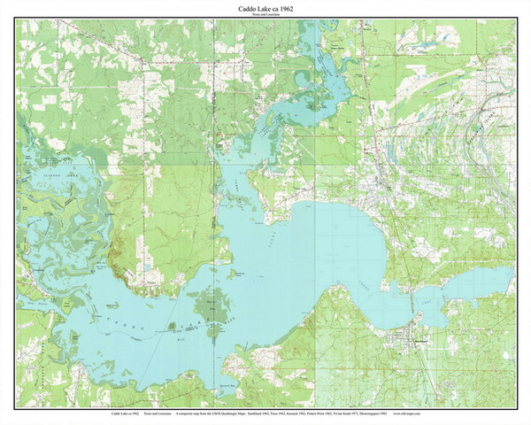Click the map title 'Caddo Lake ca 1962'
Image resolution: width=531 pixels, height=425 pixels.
[265, 8]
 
